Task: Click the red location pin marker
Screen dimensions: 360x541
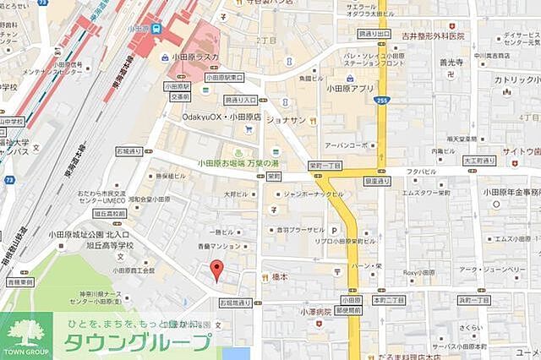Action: [x=216, y=270]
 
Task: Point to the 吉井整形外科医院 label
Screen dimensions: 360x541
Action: [x=434, y=36]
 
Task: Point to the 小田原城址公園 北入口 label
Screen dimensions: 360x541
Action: [x=89, y=233]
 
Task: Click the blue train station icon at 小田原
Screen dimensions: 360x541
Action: [x=156, y=28]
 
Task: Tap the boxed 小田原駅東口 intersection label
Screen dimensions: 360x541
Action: [x=223, y=77]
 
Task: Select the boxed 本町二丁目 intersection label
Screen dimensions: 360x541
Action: [x=389, y=300]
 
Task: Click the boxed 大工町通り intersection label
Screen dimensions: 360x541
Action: [x=478, y=160]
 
